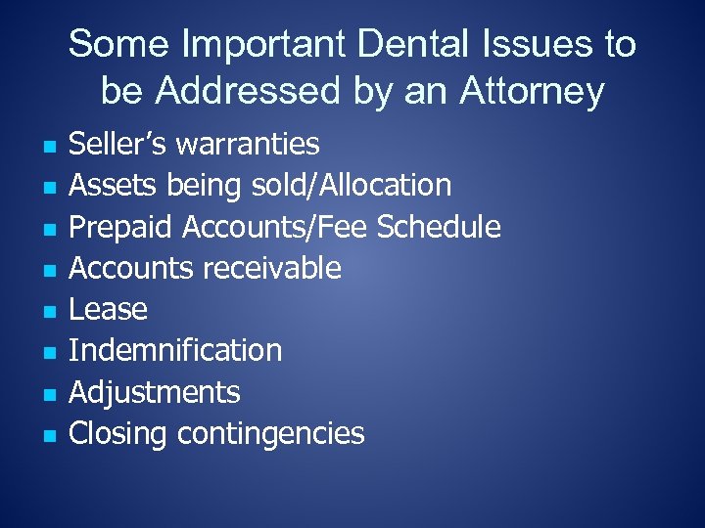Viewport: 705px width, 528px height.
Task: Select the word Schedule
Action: click(439, 227)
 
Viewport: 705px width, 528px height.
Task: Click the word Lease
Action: click(109, 310)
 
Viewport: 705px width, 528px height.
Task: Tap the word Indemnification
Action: click(175, 351)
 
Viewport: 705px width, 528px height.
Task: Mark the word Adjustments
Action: click(155, 392)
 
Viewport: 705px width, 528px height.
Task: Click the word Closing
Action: click(119, 434)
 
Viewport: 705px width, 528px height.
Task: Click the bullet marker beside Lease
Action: click(48, 312)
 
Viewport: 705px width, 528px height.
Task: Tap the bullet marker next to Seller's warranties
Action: click(48, 147)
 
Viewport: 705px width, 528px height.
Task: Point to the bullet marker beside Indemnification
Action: click(48, 353)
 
